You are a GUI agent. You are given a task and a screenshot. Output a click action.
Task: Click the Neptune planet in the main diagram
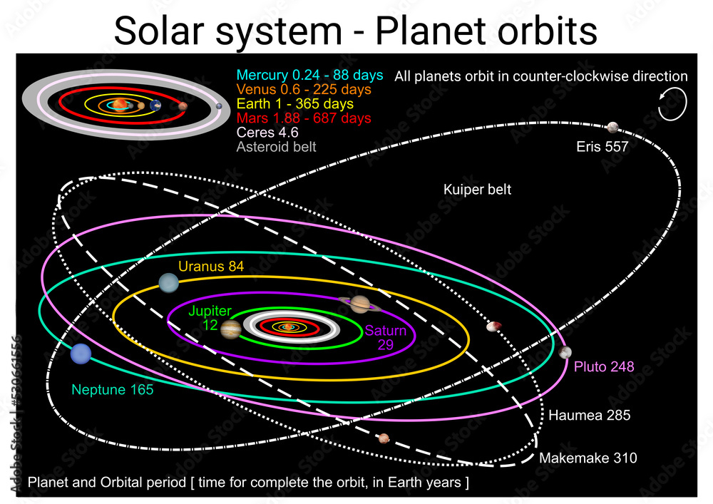[81, 354]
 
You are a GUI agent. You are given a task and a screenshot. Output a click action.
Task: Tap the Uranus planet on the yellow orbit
[169, 283]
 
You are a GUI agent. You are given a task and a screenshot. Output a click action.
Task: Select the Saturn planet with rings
[360, 304]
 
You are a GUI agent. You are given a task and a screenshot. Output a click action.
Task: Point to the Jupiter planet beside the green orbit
[231, 329]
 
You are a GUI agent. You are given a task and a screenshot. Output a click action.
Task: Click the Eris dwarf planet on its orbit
[613, 128]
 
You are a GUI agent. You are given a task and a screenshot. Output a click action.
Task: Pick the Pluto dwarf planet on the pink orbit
[565, 351]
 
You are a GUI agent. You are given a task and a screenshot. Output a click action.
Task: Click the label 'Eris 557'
[602, 146]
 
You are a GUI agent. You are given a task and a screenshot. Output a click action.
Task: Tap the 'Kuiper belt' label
[477, 189]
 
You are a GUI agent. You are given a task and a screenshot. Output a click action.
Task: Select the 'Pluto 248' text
[604, 366]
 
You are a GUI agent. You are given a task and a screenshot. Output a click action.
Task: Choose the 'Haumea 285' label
[590, 415]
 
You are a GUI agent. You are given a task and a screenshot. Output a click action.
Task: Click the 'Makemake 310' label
[588, 458]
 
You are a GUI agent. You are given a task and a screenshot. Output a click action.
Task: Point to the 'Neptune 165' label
[113, 389]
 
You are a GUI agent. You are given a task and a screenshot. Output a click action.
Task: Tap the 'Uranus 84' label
[211, 266]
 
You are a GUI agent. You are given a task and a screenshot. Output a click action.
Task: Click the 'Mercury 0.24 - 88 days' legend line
[309, 75]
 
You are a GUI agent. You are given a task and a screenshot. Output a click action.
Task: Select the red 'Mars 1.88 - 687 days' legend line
[304, 118]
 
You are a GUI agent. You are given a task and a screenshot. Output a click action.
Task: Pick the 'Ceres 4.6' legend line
[267, 133]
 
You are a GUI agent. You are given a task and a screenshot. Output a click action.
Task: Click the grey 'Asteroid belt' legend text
[276, 147]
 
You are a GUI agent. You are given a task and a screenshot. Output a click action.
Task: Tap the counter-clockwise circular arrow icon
[672, 105]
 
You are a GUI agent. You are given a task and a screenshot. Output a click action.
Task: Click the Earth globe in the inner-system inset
[155, 106]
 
